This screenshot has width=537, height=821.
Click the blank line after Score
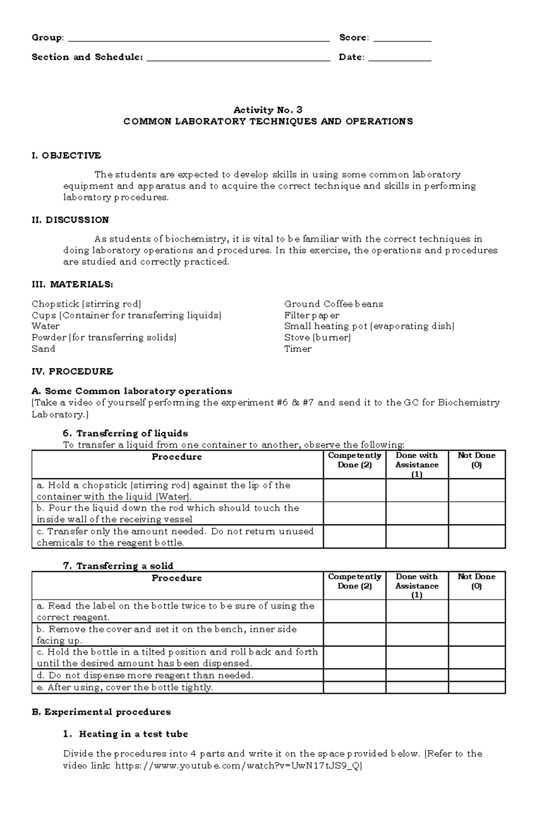(x=402, y=38)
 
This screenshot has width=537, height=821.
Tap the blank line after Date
(x=399, y=58)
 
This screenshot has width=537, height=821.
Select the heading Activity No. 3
(x=268, y=110)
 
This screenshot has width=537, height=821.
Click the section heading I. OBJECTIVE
(x=66, y=156)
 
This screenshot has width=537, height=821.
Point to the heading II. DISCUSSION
(x=70, y=220)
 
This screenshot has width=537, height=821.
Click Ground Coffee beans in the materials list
(x=333, y=304)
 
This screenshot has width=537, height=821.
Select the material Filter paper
(x=311, y=315)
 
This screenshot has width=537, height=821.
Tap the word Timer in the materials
(x=298, y=349)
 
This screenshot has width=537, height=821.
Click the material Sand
(x=43, y=349)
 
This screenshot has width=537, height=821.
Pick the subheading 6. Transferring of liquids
(x=125, y=434)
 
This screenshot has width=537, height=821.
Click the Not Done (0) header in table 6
(x=476, y=460)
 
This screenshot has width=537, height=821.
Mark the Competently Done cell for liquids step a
(x=354, y=490)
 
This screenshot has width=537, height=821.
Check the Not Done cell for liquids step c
(x=477, y=537)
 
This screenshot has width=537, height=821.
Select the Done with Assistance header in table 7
(x=417, y=586)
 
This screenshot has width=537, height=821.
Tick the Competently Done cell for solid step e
(x=354, y=688)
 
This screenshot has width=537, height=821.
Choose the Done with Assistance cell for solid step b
(x=417, y=634)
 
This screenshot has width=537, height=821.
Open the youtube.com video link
(x=238, y=766)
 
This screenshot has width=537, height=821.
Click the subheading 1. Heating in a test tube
(x=125, y=734)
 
